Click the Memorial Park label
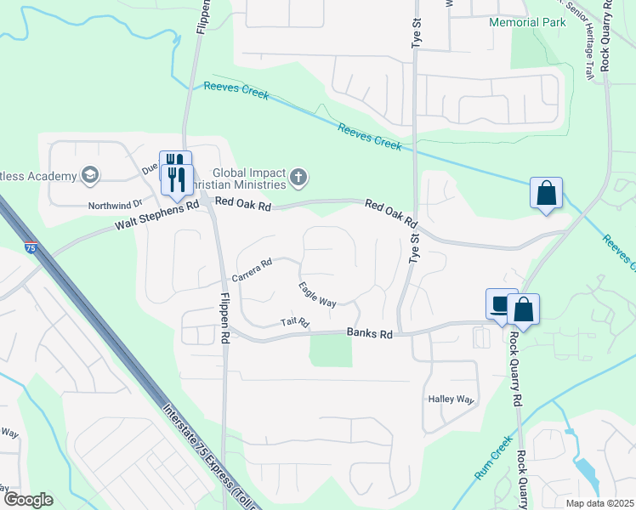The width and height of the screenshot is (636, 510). [526, 21]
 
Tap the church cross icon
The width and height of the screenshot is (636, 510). [298, 177]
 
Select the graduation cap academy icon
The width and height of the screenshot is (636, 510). [89, 176]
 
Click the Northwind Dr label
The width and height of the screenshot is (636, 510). [113, 206]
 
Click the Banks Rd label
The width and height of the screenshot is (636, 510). [369, 335]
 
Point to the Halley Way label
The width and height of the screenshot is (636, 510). [450, 399]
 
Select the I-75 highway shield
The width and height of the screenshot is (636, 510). [31, 248]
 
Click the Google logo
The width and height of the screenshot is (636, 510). [28, 499]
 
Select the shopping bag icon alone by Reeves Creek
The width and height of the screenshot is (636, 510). [546, 192]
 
